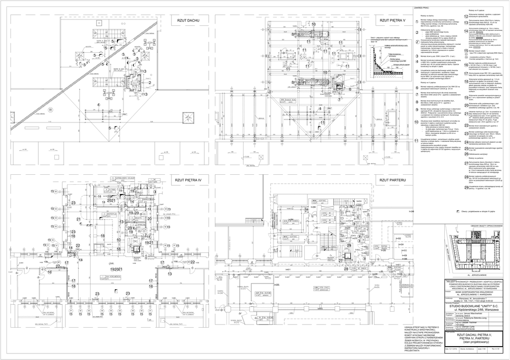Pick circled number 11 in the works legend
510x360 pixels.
[416, 141]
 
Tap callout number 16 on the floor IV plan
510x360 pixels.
[49, 272]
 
